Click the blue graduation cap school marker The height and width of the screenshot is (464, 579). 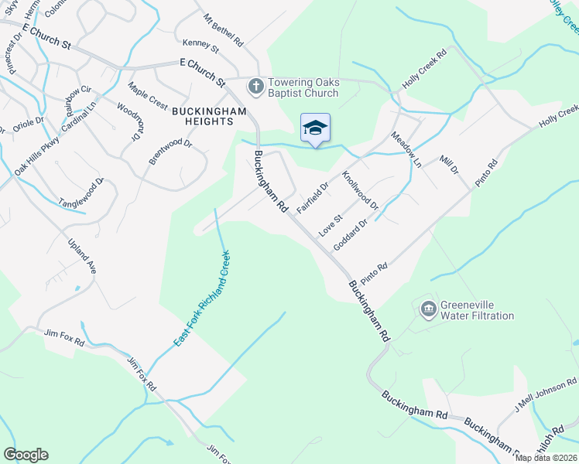pos(315,128)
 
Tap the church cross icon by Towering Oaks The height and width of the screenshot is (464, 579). pos(254,85)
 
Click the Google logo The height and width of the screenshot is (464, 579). pos(26,455)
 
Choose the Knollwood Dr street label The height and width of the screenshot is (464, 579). pos(360,191)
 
